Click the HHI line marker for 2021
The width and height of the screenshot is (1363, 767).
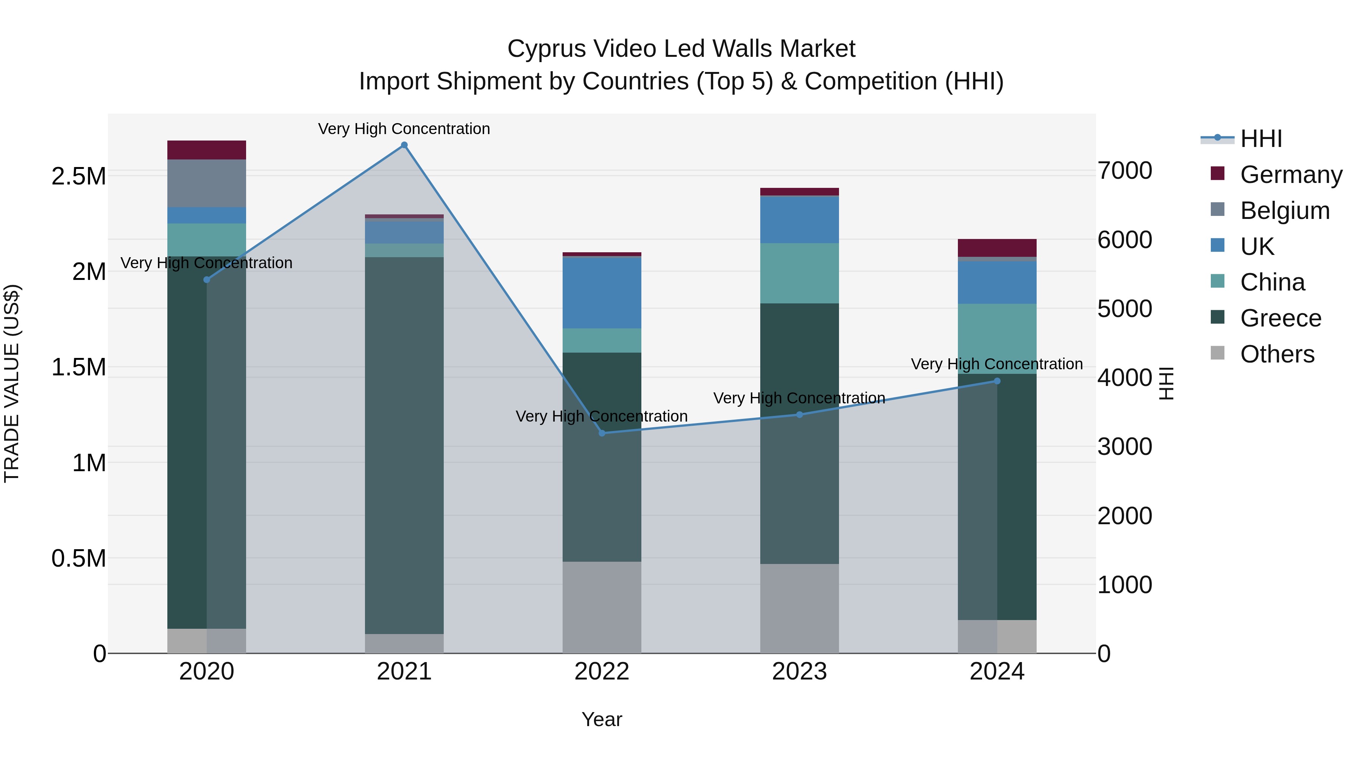pos(404,145)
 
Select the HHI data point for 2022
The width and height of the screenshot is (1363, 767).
pos(602,433)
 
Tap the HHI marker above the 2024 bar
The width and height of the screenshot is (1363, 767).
pos(997,381)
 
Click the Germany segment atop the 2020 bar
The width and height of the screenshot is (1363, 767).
pos(206,150)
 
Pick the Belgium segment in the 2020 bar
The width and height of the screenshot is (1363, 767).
pos(206,183)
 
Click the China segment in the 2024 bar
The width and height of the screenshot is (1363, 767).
pos(997,339)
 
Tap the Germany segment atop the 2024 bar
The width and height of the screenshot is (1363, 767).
pos(997,248)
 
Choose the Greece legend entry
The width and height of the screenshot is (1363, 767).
pos(1280,318)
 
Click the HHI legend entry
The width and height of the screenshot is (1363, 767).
pos(1260,139)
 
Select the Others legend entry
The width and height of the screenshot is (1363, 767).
pos(1277,354)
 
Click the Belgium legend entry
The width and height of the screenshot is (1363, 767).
pos(1285,211)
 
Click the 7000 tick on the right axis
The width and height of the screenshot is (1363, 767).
pos(1124,170)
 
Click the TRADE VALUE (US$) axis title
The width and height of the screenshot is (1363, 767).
pos(12,383)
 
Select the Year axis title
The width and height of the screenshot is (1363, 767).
pos(602,719)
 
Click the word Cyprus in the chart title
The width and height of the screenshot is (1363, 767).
pos(547,49)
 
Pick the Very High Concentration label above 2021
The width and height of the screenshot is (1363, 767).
pos(404,129)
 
